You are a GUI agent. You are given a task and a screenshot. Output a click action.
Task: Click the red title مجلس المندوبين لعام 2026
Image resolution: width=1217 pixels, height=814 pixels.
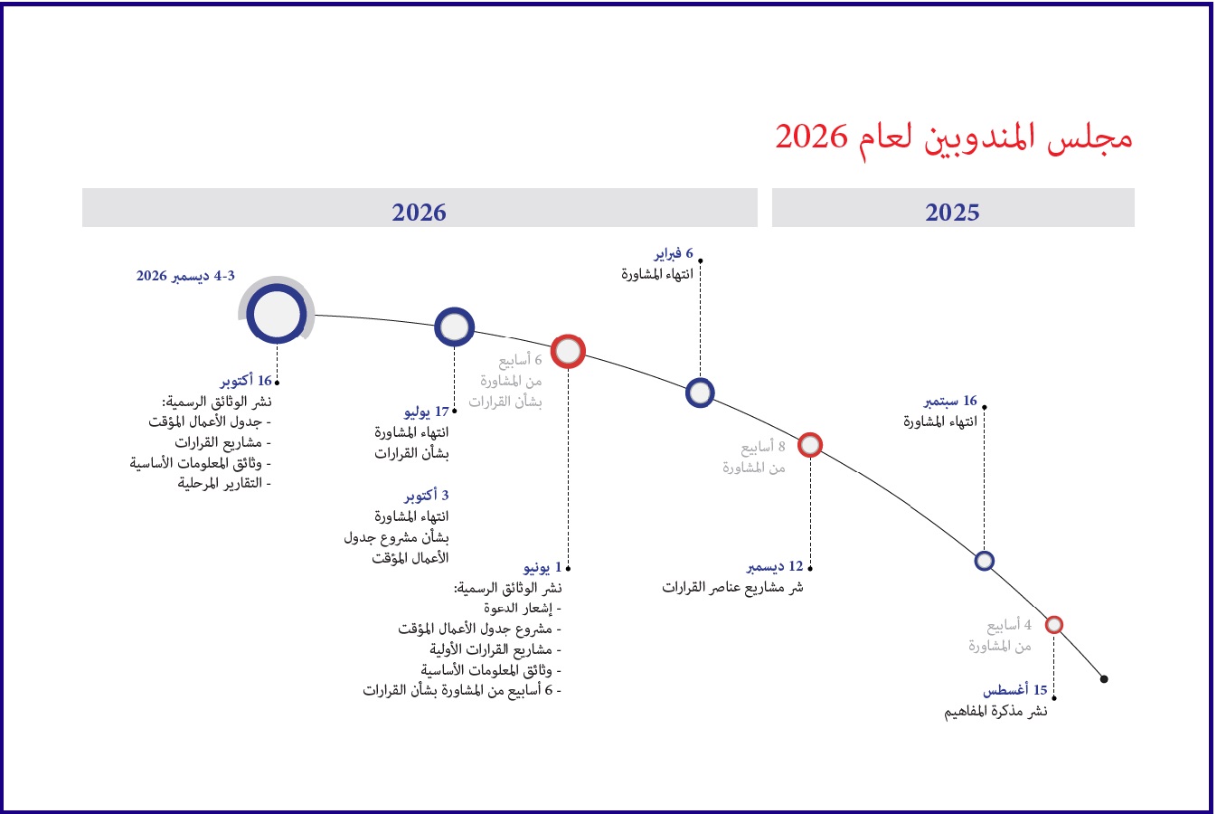[954, 138]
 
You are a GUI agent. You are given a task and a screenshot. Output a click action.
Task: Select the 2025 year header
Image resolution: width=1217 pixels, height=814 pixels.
[952, 212]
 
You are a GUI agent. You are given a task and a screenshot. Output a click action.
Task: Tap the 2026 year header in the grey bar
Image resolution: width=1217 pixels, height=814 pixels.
[419, 212]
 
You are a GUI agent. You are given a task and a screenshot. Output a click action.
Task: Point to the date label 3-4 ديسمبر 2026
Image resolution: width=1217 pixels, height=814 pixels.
[185, 276]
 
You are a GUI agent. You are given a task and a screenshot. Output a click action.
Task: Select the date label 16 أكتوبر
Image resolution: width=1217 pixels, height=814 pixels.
[246, 381]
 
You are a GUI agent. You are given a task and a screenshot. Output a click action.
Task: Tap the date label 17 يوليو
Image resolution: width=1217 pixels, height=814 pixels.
[427, 412]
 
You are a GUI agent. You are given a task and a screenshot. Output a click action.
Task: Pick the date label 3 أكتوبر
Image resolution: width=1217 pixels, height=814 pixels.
[427, 496]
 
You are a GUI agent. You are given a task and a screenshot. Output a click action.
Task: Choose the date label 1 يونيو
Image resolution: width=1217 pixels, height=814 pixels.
[542, 568]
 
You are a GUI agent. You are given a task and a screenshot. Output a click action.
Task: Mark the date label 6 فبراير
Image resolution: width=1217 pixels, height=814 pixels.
[674, 253]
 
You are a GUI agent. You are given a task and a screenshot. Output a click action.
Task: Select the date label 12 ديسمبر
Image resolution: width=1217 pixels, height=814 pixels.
[775, 567]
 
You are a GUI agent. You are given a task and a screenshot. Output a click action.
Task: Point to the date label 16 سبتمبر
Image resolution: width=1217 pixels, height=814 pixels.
[950, 402]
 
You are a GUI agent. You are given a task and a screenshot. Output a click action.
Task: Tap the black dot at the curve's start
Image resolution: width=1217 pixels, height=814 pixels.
[1103, 678]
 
